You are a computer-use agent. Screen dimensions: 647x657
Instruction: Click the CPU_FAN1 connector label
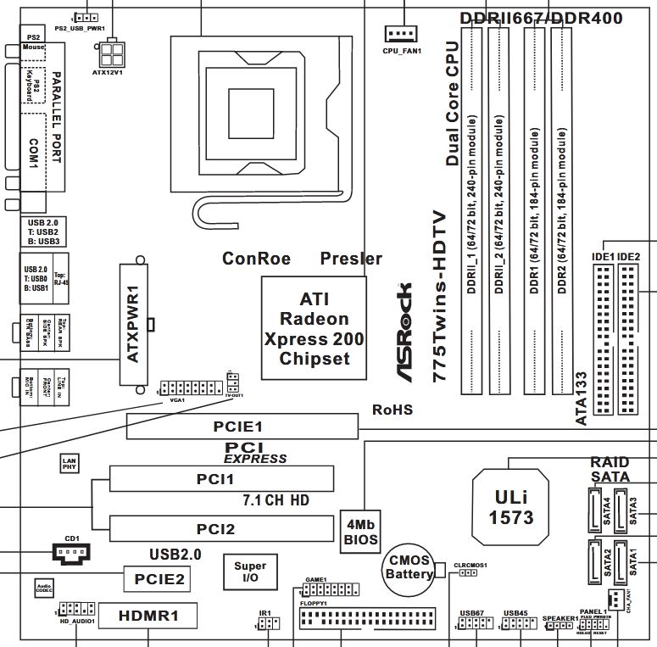click(403, 51)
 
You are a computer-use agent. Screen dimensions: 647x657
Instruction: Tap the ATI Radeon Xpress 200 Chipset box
click(314, 329)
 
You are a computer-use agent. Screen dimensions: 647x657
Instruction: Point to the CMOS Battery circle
click(409, 567)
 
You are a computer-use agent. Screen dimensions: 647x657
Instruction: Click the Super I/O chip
click(249, 572)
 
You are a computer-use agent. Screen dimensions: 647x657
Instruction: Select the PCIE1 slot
click(242, 427)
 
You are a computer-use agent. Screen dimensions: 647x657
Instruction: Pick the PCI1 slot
click(221, 479)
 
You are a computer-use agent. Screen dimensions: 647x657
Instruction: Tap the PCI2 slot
click(221, 529)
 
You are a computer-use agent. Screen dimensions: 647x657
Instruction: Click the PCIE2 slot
click(157, 579)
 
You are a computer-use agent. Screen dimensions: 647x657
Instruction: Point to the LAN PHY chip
click(70, 463)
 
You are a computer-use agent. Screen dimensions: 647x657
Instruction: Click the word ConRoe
click(256, 259)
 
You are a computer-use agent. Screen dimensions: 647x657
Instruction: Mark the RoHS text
click(393, 410)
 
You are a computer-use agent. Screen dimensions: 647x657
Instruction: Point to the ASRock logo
click(406, 330)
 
